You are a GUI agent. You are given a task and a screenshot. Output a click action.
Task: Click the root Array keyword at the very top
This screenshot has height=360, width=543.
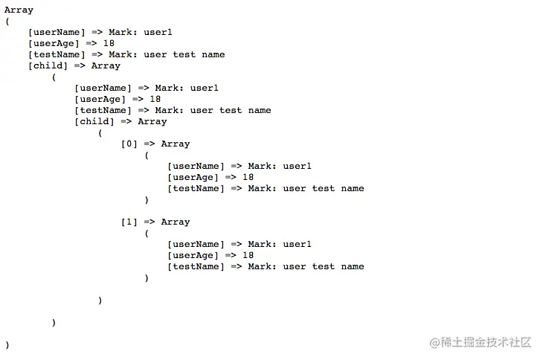[x=19, y=10]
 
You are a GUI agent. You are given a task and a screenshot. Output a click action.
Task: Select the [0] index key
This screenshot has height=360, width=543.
[x=129, y=144]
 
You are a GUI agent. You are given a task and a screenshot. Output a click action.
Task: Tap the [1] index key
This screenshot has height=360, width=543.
[x=129, y=222]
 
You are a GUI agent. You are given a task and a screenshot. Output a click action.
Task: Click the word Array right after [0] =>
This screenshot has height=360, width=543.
[x=176, y=144]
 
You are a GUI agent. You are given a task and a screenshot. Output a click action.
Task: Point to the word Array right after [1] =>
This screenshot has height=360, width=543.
[x=176, y=222]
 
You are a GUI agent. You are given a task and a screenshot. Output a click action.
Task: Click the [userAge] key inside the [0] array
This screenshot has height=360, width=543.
[x=193, y=177]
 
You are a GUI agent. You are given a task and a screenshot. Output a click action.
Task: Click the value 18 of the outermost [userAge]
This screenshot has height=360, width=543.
[x=109, y=43]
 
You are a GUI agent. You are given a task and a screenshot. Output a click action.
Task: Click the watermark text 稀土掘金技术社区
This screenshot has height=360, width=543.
[x=486, y=342]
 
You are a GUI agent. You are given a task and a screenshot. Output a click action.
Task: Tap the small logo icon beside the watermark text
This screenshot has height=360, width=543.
[x=434, y=342]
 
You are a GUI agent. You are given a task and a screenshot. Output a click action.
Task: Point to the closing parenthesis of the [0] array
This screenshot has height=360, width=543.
[x=147, y=199]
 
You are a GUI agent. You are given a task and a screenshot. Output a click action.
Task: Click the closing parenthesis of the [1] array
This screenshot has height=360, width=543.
[x=147, y=277]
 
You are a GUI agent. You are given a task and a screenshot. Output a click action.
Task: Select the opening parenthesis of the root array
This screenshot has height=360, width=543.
[x=7, y=22]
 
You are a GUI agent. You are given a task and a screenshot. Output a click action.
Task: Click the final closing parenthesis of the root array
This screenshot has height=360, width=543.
[x=7, y=345]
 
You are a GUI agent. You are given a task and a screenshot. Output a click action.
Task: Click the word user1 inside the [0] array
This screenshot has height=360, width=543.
[x=298, y=166]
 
